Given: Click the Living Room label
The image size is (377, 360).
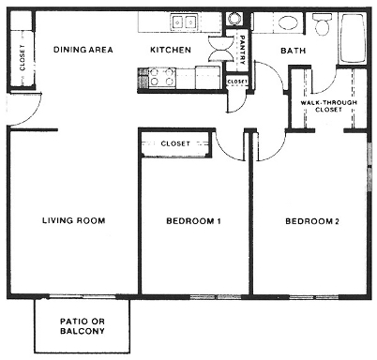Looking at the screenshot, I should point(73,221).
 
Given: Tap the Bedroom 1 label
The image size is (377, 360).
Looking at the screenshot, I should point(193,221).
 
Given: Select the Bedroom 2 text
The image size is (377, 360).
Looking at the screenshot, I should point(311,221).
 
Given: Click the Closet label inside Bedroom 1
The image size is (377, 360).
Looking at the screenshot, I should point(175,143).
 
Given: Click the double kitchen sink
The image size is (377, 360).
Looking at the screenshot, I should point(184,22).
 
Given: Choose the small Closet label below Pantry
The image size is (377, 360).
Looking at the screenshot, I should point(237,82).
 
